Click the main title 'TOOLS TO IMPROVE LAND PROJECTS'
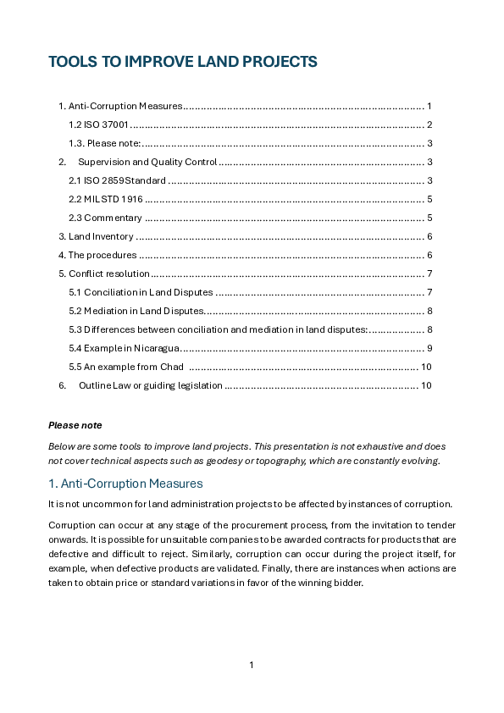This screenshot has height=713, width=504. (183, 62)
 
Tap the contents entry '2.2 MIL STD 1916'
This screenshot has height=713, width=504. (106, 199)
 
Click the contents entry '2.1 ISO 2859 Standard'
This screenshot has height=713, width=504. (117, 180)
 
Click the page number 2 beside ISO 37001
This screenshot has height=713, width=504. (430, 124)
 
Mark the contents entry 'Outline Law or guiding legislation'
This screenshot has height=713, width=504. (150, 385)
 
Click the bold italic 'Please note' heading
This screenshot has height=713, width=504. (75, 425)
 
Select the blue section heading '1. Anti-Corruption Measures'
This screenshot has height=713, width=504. (125, 484)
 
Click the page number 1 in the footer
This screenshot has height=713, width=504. (252, 665)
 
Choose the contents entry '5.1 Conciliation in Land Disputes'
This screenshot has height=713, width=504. (141, 292)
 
